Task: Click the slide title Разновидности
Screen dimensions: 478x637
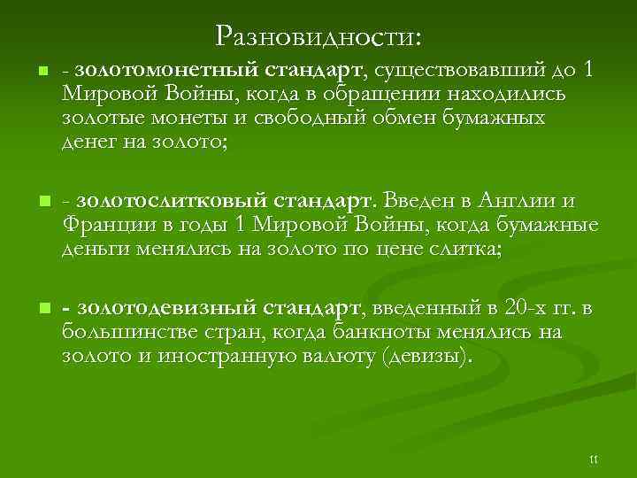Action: coord(318,35)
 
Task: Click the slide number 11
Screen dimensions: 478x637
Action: coord(594,459)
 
